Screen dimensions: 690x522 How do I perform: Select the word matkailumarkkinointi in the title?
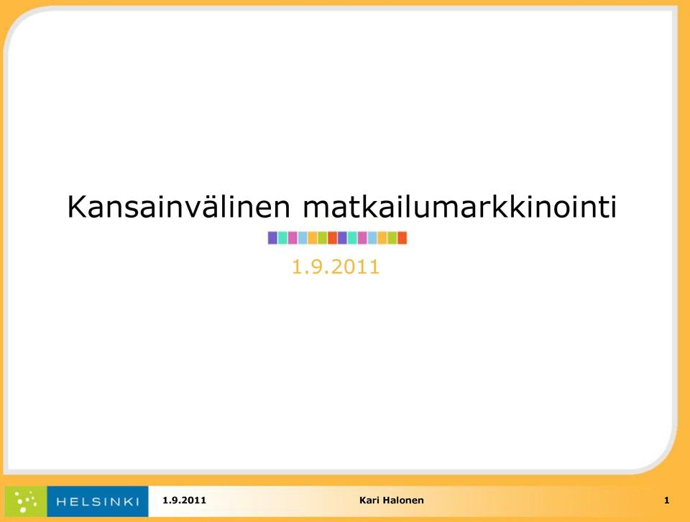point(460,206)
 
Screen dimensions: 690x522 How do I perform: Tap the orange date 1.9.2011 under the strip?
point(336,267)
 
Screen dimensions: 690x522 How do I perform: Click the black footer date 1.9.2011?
point(185,500)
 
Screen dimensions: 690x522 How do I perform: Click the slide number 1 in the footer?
point(667,500)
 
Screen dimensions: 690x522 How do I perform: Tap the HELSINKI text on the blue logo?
point(98,502)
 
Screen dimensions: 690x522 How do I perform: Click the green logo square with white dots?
point(26,501)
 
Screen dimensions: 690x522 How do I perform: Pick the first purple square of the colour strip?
point(272,238)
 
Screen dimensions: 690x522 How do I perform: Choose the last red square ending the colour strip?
point(402,238)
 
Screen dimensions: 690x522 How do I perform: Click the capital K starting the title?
point(76,207)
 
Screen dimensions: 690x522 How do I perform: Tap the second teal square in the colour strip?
point(352,238)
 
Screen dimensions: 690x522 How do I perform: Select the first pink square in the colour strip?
point(293,238)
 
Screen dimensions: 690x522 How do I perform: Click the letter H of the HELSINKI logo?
point(61,502)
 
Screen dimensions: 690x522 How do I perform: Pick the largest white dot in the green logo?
point(23,510)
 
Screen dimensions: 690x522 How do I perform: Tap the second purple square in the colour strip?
point(342,238)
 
